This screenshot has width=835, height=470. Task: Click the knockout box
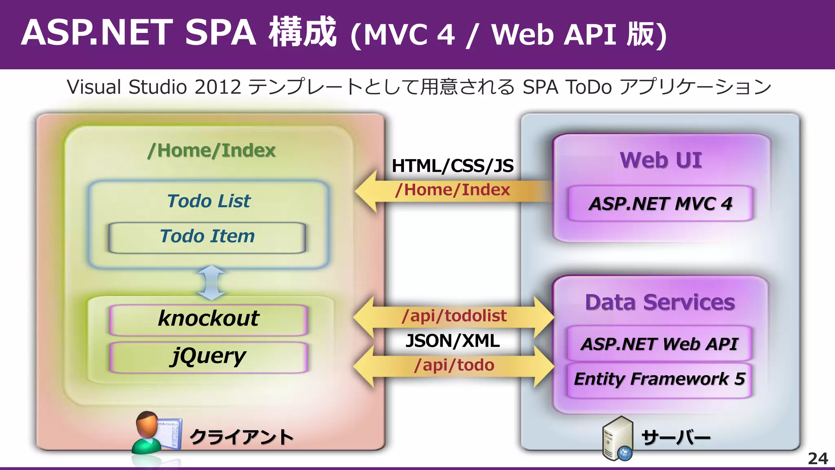208,319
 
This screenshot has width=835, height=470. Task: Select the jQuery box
208,357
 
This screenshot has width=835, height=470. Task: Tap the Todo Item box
207,237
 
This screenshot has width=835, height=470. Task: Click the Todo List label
209,201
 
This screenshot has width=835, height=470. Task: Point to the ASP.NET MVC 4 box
660,204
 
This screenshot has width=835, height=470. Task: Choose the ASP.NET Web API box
659,344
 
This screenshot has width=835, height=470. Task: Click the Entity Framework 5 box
659,379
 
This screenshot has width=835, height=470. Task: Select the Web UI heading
661,160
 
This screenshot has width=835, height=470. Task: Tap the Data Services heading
660,302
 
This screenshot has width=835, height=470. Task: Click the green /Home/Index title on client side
211,151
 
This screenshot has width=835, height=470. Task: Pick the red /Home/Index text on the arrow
453,190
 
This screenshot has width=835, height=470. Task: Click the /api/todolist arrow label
454,316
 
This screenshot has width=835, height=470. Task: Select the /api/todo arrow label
454,365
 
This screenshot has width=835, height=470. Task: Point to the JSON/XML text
453,341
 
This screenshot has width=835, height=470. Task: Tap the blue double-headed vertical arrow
211,282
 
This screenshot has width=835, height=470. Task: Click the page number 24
817,459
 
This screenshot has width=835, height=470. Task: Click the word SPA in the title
221,33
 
